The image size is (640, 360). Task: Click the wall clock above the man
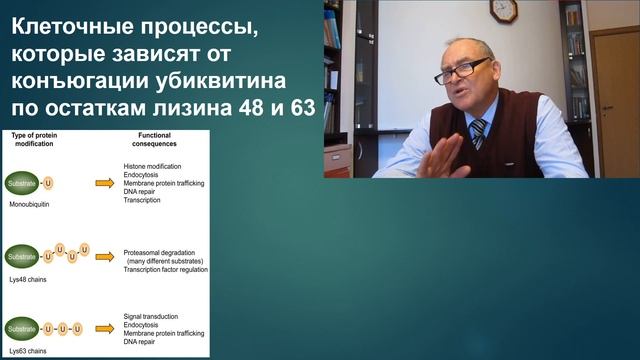pyautogui.click(x=504, y=10)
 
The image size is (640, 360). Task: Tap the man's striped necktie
pyautogui.click(x=479, y=131)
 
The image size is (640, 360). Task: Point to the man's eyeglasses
pyautogui.click(x=461, y=71)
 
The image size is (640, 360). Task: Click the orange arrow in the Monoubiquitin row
pyautogui.click(x=104, y=183)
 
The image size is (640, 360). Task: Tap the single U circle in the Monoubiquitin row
pyautogui.click(x=50, y=184)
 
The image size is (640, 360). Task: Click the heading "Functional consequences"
pyautogui.click(x=156, y=139)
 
